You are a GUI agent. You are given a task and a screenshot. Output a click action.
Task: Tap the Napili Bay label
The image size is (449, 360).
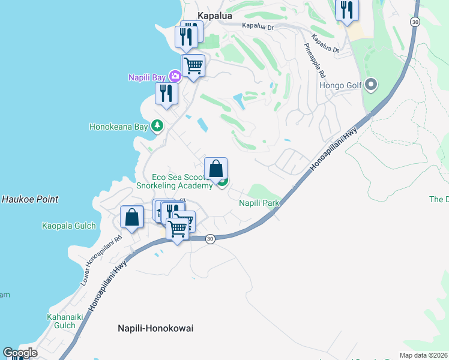pyautogui.click(x=148, y=77)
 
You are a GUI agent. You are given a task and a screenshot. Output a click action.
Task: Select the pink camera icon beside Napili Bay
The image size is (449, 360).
pyautogui.click(x=175, y=76)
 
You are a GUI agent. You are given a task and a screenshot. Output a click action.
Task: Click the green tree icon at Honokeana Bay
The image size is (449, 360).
pyautogui.click(x=157, y=126)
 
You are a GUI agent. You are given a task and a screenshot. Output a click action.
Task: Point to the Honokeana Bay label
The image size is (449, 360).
pyautogui.click(x=118, y=127)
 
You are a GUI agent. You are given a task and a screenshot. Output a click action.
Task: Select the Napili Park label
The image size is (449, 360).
pyautogui.click(x=259, y=203)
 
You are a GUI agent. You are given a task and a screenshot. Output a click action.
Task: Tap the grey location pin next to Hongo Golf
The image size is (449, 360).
pyautogui.click(x=370, y=85)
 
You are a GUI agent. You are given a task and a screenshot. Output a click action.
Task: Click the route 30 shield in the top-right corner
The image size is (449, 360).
pyautogui.click(x=415, y=22)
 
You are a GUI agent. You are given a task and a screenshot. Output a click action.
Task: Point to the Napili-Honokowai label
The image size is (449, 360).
pyautogui.click(x=154, y=328)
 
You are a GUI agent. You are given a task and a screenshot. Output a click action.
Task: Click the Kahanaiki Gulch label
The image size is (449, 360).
pyautogui.click(x=61, y=321)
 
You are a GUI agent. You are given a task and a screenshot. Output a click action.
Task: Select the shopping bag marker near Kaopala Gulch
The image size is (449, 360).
pyautogui.click(x=132, y=217)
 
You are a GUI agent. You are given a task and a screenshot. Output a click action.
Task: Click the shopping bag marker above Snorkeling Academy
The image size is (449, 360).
pyautogui.click(x=215, y=169)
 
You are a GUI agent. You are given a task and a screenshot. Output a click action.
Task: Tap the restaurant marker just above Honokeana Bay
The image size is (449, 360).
pyautogui.click(x=166, y=93)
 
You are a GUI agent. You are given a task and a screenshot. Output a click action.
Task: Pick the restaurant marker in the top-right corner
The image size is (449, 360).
pyautogui.click(x=347, y=10)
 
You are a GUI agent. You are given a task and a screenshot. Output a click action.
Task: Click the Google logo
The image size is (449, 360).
pyautogui.click(x=20, y=353)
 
